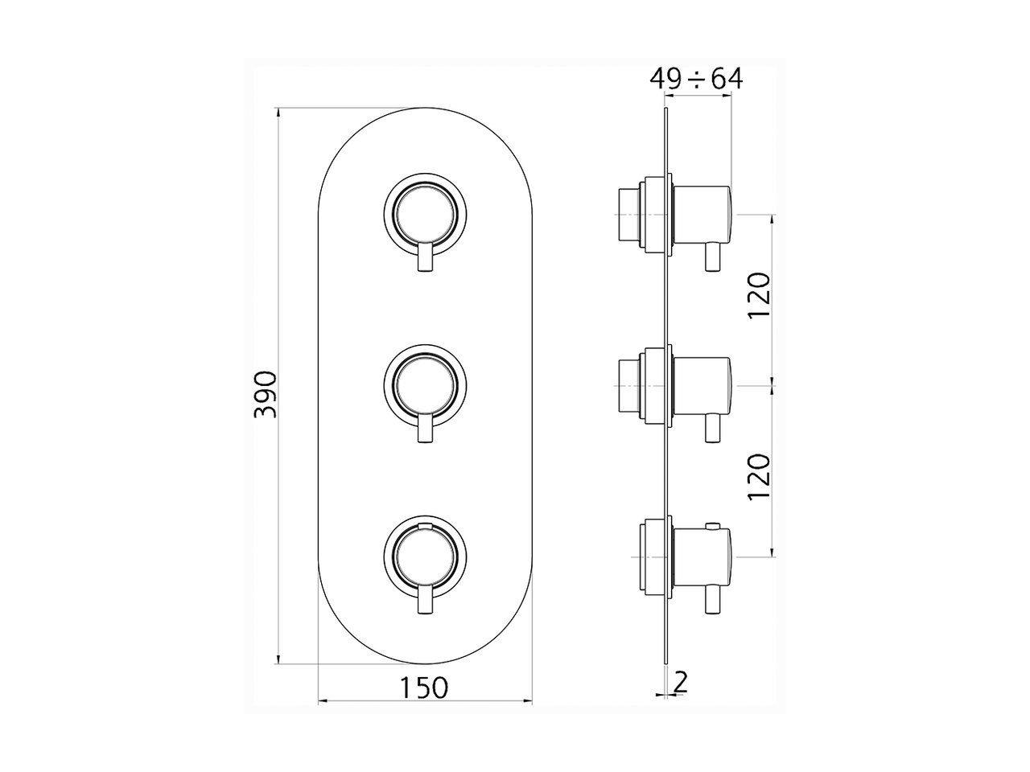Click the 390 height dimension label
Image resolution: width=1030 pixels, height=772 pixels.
click(x=265, y=394)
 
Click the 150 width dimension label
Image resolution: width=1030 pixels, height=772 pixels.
click(x=424, y=688)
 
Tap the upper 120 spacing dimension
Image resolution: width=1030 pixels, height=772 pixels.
click(x=760, y=296)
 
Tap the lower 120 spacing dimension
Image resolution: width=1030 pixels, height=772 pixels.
click(x=760, y=477)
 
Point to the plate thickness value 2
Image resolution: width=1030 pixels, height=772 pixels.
click(x=681, y=683)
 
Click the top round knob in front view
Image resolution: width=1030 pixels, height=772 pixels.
click(x=425, y=213)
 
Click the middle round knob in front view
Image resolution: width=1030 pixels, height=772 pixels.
click(x=425, y=386)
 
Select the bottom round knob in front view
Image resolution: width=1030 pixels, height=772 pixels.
click(x=425, y=557)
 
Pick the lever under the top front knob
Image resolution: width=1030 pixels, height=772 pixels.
click(x=425, y=259)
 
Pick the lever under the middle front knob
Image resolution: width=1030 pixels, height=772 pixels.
click(x=425, y=430)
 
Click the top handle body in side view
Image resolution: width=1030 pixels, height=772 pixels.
click(x=702, y=214)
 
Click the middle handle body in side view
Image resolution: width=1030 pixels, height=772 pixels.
click(x=702, y=387)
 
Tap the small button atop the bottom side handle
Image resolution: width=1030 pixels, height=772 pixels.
click(x=711, y=527)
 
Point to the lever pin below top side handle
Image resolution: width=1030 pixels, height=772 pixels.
click(x=711, y=258)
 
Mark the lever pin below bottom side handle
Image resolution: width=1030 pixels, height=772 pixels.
click(x=711, y=602)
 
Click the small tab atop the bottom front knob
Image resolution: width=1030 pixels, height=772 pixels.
click(x=425, y=526)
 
